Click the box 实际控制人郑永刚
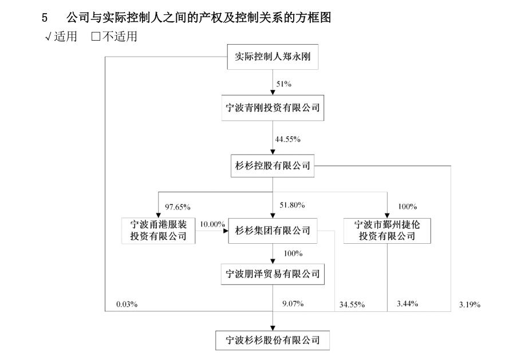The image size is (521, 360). (x=273, y=57)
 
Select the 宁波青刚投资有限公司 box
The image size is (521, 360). (x=273, y=108)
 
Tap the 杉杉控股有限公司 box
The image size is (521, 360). (x=273, y=165)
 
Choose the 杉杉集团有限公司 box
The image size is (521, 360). (x=273, y=231)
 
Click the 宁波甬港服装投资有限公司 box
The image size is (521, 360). (x=158, y=231)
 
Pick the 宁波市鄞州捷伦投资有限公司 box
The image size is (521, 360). (x=387, y=231)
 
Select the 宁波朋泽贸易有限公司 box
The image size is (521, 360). (x=273, y=274)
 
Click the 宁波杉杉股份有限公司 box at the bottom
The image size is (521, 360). (x=273, y=341)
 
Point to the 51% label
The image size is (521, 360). (x=284, y=84)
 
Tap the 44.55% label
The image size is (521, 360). (x=288, y=139)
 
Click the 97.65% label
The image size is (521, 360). (x=177, y=207)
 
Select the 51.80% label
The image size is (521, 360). (x=293, y=205)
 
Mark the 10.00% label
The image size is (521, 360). (x=212, y=224)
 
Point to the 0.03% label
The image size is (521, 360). (x=127, y=304)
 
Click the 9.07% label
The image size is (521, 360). (x=293, y=303)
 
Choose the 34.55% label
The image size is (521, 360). (x=352, y=304)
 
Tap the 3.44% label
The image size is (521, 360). (x=408, y=303)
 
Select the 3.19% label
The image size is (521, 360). (x=470, y=304)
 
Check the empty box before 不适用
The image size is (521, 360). (x=96, y=36)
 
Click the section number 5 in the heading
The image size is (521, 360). (x=45, y=18)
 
